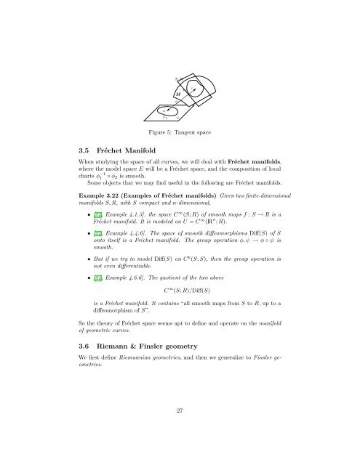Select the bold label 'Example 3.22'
(107, 217)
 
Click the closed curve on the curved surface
(195, 91)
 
